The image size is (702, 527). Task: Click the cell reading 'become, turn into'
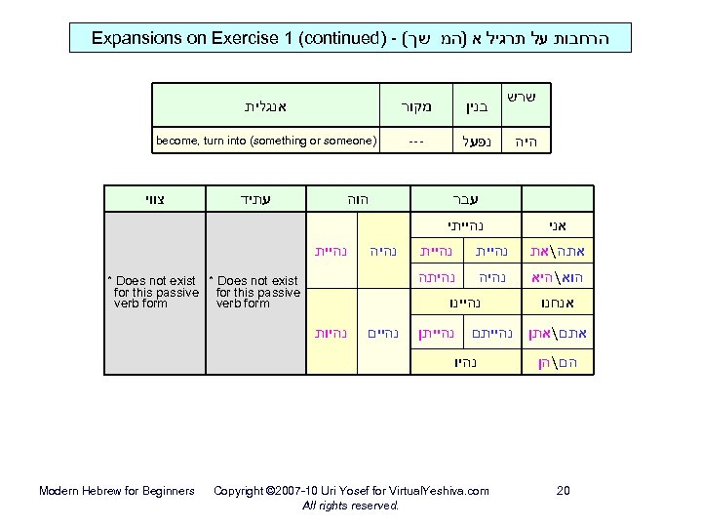[x=266, y=142]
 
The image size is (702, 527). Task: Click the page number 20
[x=563, y=490]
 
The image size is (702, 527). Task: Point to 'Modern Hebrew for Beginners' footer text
[x=116, y=490]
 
